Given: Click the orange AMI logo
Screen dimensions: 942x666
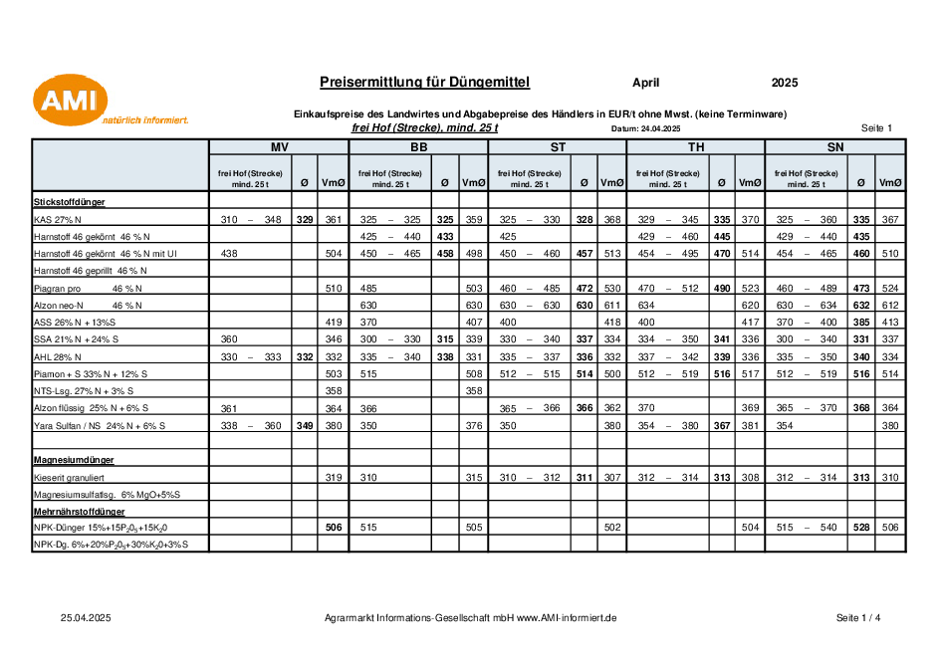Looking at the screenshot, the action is pyautogui.click(x=71, y=101).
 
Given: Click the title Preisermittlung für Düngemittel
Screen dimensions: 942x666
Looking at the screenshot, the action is pyautogui.click(x=424, y=83).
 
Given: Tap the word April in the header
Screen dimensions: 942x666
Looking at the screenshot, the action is pyautogui.click(x=646, y=83).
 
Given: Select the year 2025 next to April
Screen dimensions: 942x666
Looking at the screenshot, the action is pyautogui.click(x=785, y=83).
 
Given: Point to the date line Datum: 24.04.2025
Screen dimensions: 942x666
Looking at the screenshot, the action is pyautogui.click(x=646, y=128).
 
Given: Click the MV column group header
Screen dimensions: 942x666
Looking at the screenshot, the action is pyautogui.click(x=280, y=147).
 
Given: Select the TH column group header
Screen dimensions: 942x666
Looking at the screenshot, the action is pyautogui.click(x=696, y=147).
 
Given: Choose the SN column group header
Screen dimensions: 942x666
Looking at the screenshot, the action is pyautogui.click(x=835, y=147).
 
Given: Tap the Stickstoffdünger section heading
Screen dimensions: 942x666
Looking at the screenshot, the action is pyautogui.click(x=69, y=202).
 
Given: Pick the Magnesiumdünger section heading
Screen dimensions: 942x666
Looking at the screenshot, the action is pyautogui.click(x=74, y=460).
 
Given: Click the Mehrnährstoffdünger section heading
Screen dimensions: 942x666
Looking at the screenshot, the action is pyautogui.click(x=80, y=512).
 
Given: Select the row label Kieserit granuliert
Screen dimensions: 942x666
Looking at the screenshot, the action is pyautogui.click(x=69, y=478).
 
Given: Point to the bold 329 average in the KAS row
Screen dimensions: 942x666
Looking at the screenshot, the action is pyautogui.click(x=305, y=220).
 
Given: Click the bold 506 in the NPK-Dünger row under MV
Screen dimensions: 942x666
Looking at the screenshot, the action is pyautogui.click(x=334, y=528).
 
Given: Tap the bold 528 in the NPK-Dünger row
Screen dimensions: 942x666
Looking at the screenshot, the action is pyautogui.click(x=861, y=528).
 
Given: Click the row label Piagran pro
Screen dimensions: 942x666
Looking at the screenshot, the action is pyautogui.click(x=57, y=289).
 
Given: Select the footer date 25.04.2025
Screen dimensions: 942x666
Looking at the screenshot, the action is pyautogui.click(x=86, y=618).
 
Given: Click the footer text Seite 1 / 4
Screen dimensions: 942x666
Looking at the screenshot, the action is pyautogui.click(x=858, y=618).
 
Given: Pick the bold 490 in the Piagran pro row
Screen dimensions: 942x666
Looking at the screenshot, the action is pyautogui.click(x=722, y=289).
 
